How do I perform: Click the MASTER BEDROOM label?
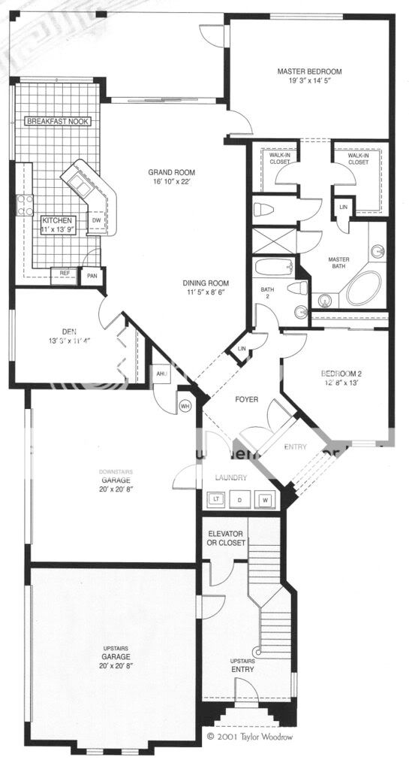click(x=309, y=72)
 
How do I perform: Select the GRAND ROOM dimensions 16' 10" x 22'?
click(x=172, y=181)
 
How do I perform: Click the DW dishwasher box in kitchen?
click(x=97, y=220)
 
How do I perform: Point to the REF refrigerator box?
click(x=65, y=274)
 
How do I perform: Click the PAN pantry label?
click(x=92, y=276)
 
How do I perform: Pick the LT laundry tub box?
click(x=216, y=498)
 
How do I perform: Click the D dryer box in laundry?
click(x=241, y=498)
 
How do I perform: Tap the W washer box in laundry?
click(x=264, y=498)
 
